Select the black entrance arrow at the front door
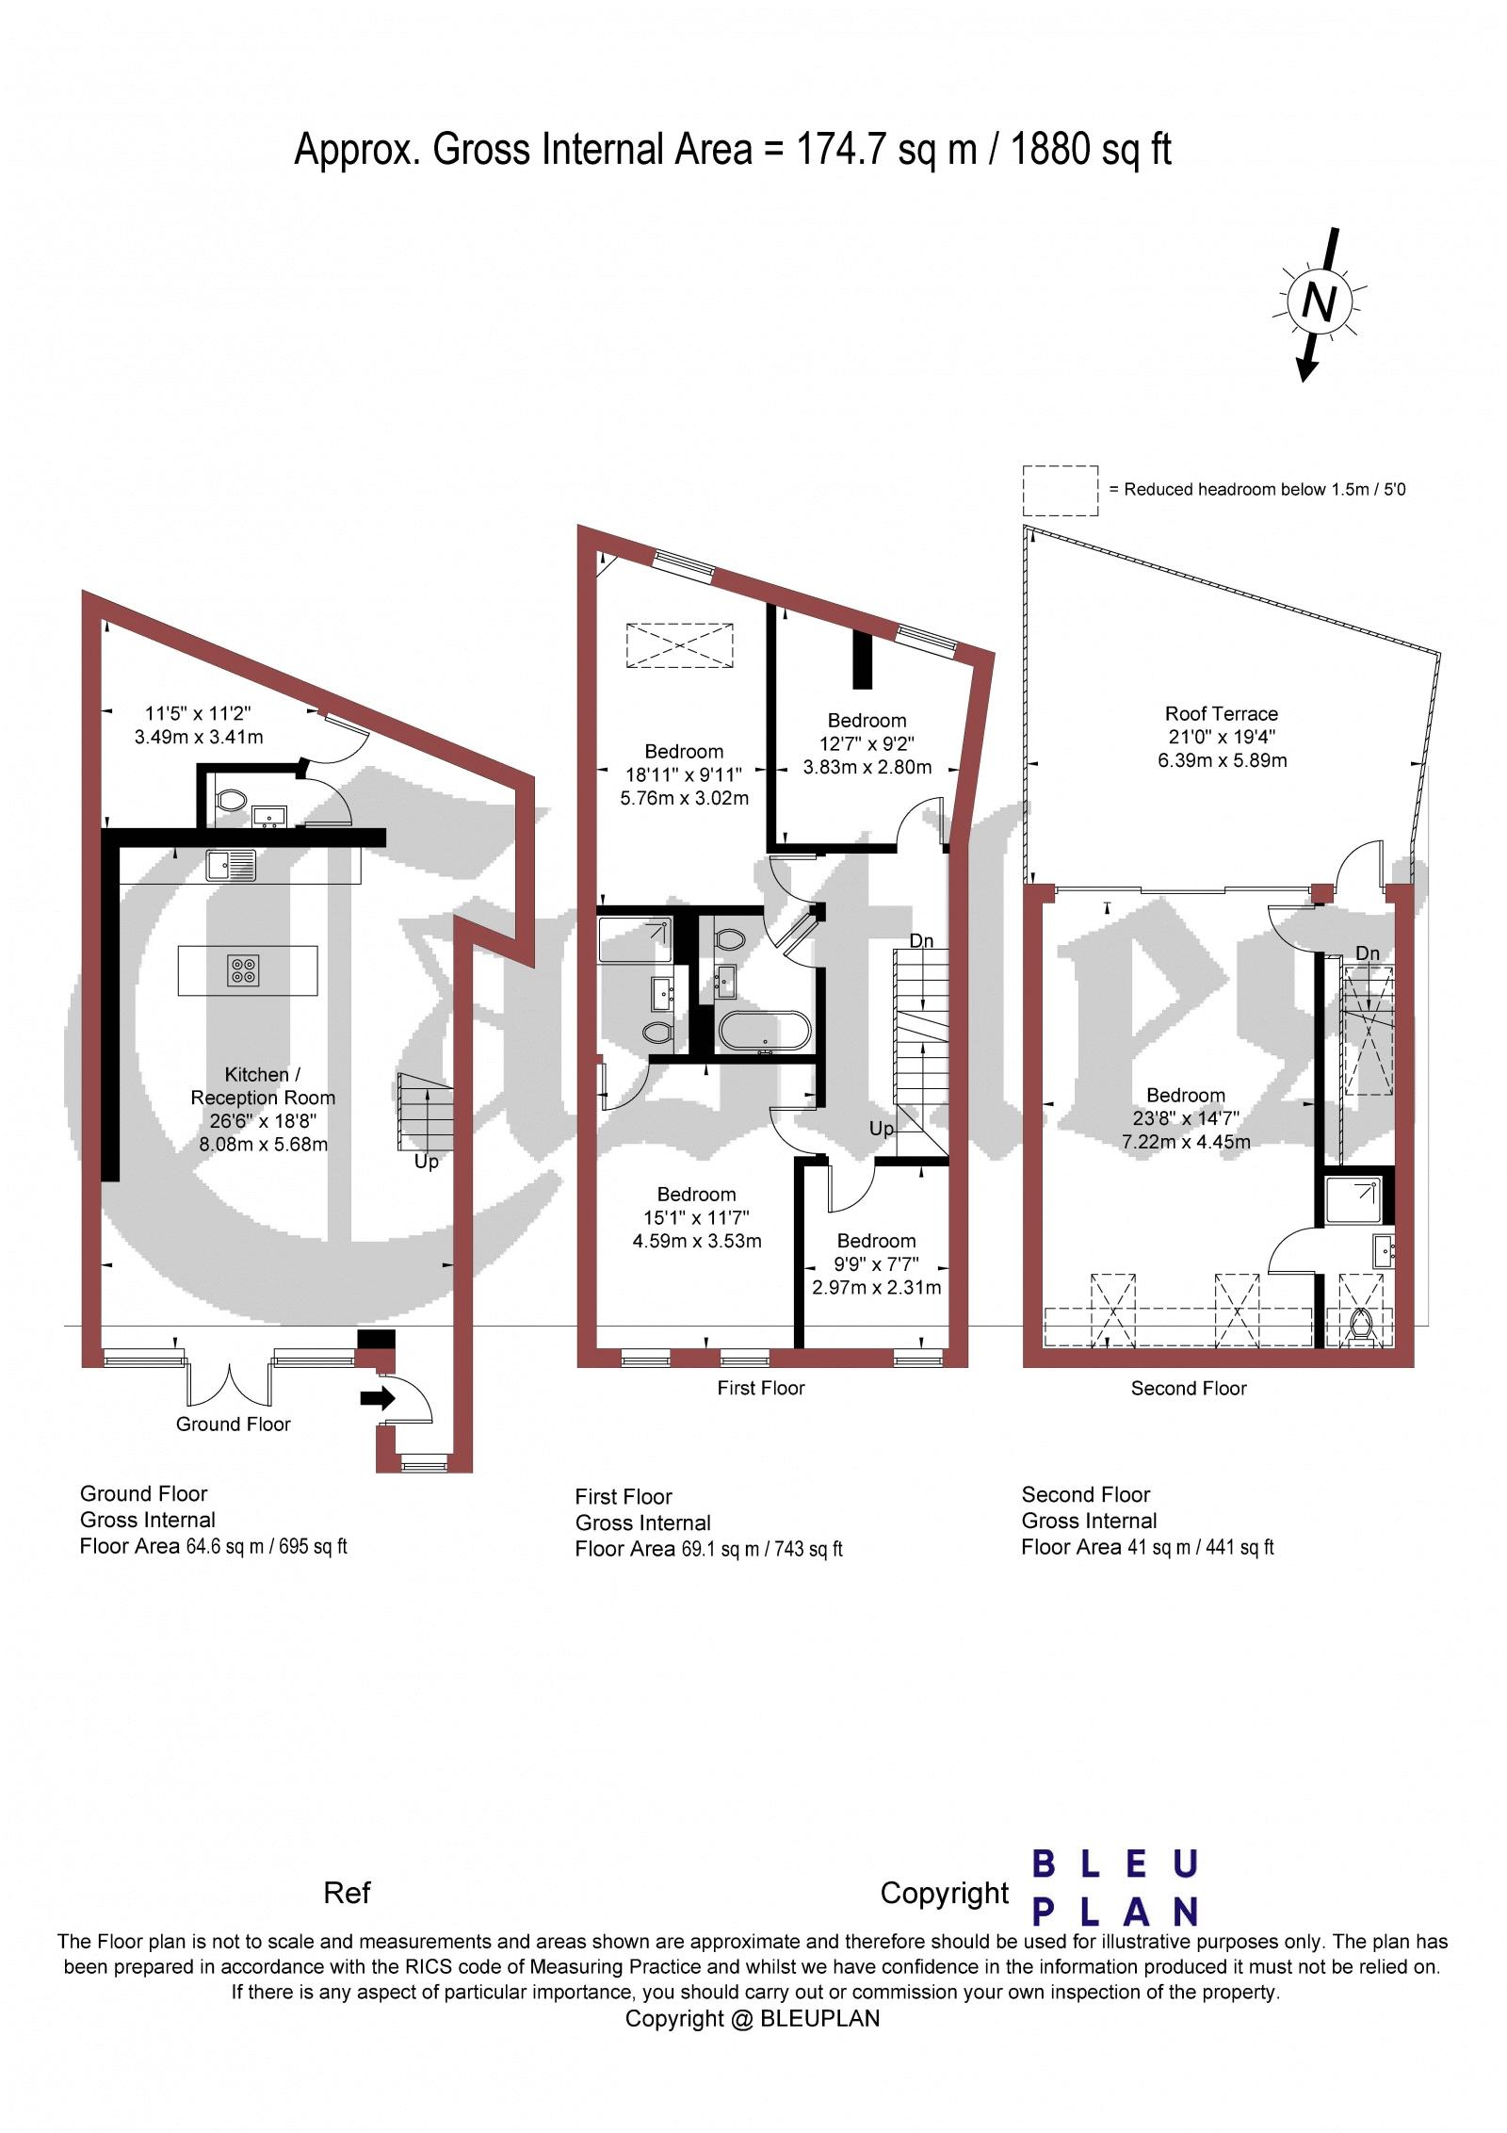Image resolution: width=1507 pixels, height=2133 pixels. pyautogui.click(x=379, y=1399)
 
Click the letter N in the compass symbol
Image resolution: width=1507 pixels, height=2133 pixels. pyautogui.click(x=1320, y=303)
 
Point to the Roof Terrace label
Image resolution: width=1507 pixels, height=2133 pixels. pyautogui.click(x=1222, y=714)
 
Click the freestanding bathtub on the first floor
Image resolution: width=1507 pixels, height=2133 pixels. pyautogui.click(x=764, y=1032)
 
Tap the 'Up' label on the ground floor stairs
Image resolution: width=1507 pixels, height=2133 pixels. pyautogui.click(x=427, y=1163)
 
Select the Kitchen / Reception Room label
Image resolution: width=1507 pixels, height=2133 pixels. pyautogui.click(x=263, y=1085)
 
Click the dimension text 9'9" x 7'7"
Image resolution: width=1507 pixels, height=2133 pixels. pyautogui.click(x=877, y=1264)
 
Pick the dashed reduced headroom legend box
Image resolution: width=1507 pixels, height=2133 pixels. pyautogui.click(x=1061, y=491)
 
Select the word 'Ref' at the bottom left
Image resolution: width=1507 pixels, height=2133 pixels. pyautogui.click(x=348, y=1893)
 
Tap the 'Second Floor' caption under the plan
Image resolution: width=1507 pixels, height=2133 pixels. pyautogui.click(x=1189, y=1389)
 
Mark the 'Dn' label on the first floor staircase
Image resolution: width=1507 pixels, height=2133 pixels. pyautogui.click(x=922, y=940)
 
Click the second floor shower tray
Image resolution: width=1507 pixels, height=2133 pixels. pyautogui.click(x=1353, y=1200)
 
